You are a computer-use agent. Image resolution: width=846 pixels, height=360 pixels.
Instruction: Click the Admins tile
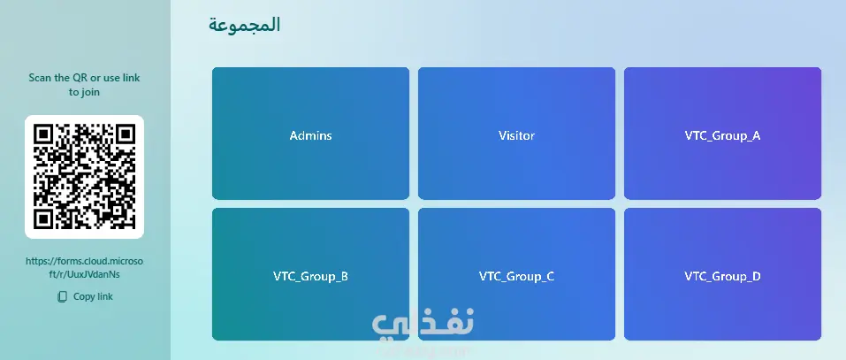(310, 134)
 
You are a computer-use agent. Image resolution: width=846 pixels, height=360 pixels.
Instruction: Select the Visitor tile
(516, 134)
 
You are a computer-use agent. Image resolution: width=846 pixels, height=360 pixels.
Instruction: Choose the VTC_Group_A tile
(722, 134)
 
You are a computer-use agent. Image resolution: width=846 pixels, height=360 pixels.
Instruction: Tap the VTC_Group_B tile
(310, 274)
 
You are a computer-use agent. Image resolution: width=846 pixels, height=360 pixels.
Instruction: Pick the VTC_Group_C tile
(516, 274)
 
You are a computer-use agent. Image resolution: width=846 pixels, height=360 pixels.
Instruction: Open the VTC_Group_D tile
(722, 274)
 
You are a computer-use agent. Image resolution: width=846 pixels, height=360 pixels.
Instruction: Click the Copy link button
(85, 296)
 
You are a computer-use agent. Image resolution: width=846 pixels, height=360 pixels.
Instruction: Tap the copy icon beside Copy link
(63, 296)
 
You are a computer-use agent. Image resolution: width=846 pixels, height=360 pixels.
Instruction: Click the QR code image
(84, 177)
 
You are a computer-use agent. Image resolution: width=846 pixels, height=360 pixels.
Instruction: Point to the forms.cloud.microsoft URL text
(84, 268)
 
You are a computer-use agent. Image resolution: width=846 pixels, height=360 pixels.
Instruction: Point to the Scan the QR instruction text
(84, 85)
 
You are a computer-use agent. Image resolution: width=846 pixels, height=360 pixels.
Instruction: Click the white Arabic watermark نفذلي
(423, 323)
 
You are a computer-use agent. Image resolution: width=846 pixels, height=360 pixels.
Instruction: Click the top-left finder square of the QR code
(43, 134)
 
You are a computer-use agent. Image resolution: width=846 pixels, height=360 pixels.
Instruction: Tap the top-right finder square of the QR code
(126, 134)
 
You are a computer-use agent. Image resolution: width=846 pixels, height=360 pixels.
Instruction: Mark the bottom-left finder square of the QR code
(43, 218)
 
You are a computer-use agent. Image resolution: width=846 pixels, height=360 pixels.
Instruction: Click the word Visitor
(516, 135)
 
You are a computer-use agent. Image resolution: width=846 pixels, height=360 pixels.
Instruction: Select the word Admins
(310, 135)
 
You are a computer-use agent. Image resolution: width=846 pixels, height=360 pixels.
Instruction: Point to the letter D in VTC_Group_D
(757, 276)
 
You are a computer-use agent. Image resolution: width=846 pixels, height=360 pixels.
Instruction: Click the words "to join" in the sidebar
(84, 92)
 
